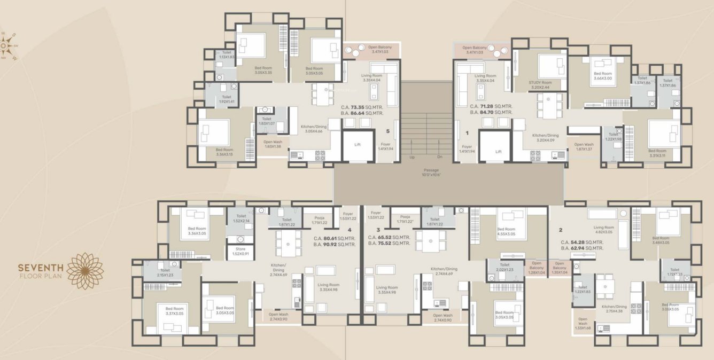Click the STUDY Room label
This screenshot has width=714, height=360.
pos(539,85)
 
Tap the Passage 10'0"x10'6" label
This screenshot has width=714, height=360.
pos(431,173)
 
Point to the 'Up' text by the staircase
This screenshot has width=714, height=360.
pos(412,157)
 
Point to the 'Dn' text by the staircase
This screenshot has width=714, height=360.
pos(440,157)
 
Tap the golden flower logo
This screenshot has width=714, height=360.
pos(86,271)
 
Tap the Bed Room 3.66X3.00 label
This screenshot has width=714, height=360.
pos(603,76)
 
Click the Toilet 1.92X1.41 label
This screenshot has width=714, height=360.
pos(223,100)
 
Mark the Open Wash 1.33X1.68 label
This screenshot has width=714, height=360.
pos(583,324)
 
